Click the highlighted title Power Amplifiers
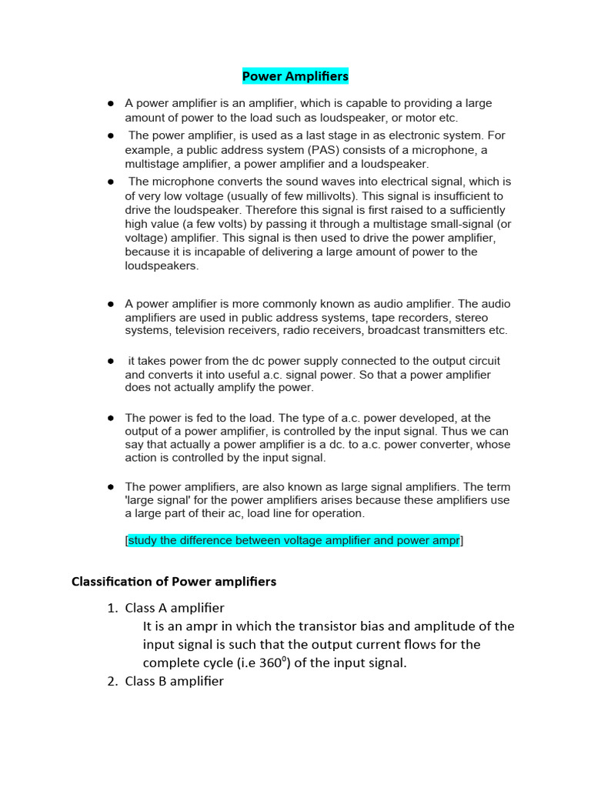pos(295,76)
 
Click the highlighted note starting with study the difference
pos(294,540)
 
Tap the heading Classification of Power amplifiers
pos(174,582)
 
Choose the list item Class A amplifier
pos(175,608)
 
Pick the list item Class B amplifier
pos(175,681)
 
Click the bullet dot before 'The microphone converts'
pos(111,182)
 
